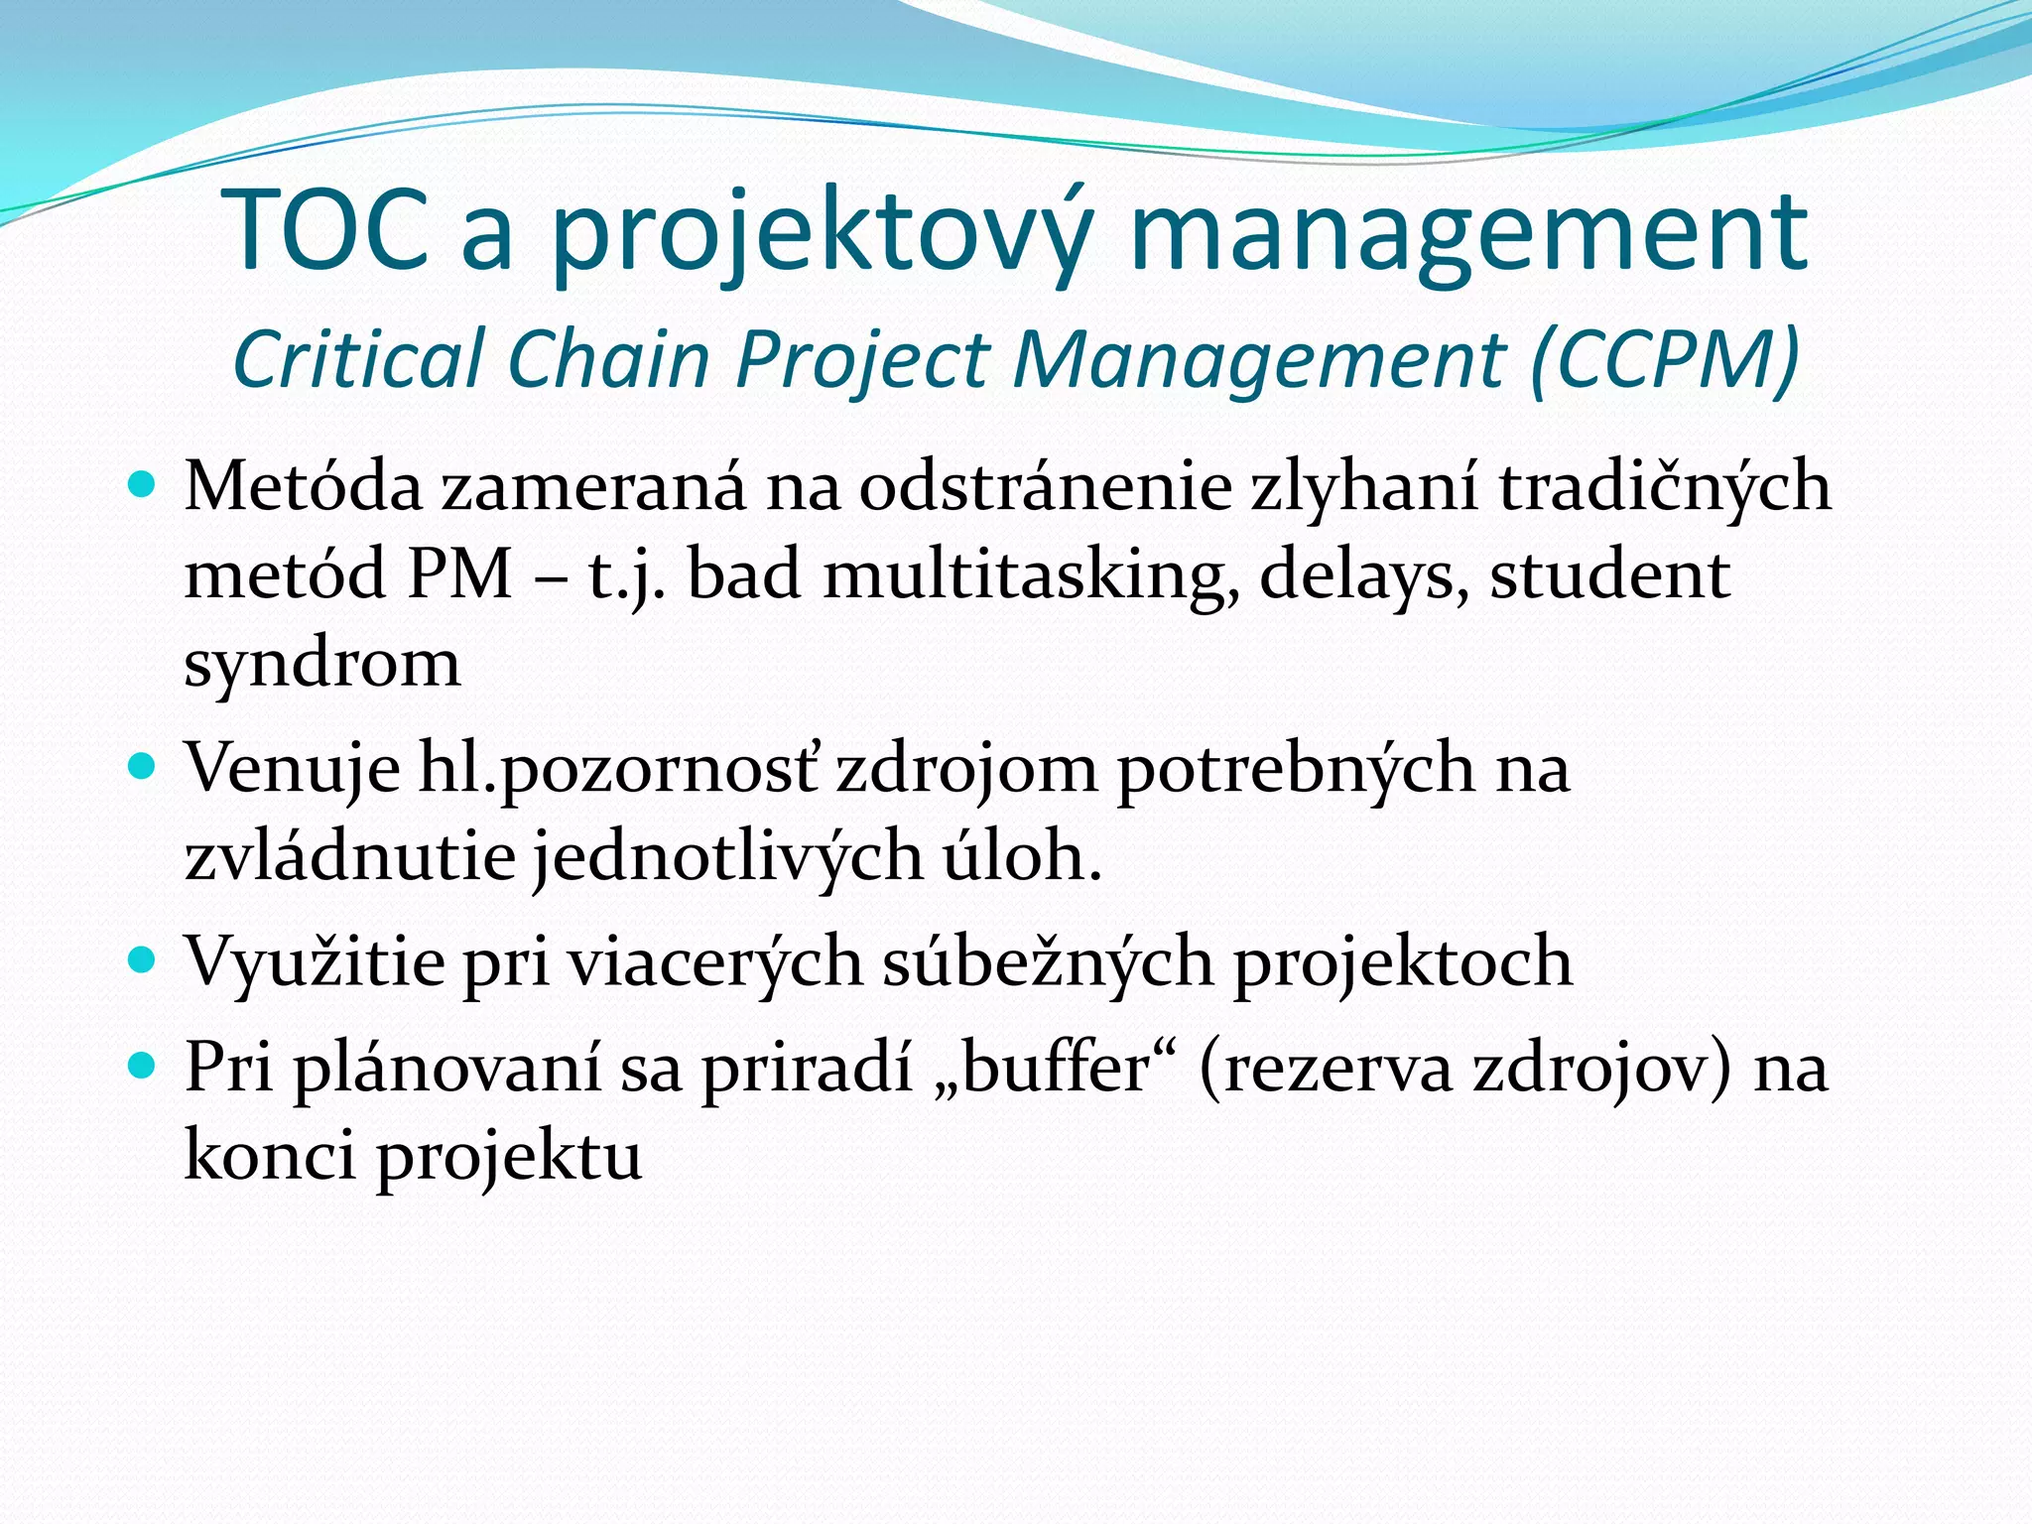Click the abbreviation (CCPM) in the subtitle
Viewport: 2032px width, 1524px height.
pos(1665,358)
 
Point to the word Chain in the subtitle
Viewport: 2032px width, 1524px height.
pos(607,358)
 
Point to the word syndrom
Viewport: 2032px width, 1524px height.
pos(322,664)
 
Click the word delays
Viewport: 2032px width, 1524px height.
pos(1364,575)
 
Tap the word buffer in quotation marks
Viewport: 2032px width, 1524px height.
pos(1056,1069)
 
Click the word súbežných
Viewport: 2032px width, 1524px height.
pos(1048,961)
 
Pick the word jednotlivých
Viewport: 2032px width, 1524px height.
pos(728,856)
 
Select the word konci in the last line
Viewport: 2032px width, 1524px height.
pos(270,1156)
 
